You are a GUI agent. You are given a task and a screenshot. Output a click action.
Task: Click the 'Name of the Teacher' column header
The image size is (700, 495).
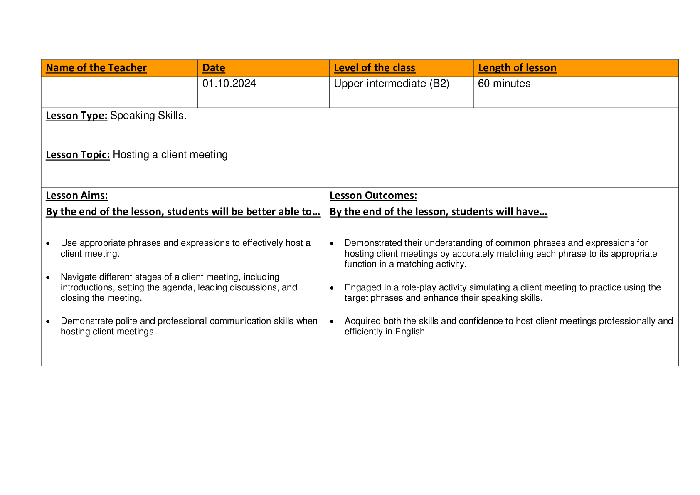click(96, 68)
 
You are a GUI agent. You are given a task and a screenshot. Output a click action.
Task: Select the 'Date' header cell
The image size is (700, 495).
click(214, 68)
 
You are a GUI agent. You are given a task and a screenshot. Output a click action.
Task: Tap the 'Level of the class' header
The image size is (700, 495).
click(375, 68)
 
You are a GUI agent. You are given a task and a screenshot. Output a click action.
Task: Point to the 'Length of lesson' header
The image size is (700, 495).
click(517, 68)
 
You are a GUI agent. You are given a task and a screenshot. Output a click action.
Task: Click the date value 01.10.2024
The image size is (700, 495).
click(229, 84)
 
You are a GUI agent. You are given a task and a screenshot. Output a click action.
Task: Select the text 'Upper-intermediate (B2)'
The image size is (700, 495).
click(392, 84)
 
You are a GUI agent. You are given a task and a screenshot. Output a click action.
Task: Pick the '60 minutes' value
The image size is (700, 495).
click(504, 84)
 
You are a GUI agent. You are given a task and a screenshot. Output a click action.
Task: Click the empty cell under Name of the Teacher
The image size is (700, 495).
click(119, 92)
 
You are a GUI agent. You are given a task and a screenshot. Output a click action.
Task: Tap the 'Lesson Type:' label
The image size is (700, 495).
click(76, 116)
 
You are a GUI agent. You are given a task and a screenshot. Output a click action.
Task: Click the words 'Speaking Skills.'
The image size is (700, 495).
click(148, 116)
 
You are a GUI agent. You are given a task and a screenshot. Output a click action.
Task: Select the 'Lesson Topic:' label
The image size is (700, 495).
click(78, 155)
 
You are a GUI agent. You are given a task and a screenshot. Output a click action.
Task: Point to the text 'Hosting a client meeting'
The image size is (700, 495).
click(170, 155)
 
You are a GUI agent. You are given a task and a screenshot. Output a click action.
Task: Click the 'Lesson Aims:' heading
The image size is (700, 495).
click(77, 196)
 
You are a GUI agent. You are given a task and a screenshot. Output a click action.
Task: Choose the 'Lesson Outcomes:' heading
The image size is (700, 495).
click(373, 196)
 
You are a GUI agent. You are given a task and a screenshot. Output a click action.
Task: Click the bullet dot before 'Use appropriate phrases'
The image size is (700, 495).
click(48, 243)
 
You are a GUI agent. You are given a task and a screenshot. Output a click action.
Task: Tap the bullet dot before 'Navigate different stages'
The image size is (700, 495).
click(48, 277)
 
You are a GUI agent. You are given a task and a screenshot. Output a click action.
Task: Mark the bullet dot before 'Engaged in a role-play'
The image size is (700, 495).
click(332, 288)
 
